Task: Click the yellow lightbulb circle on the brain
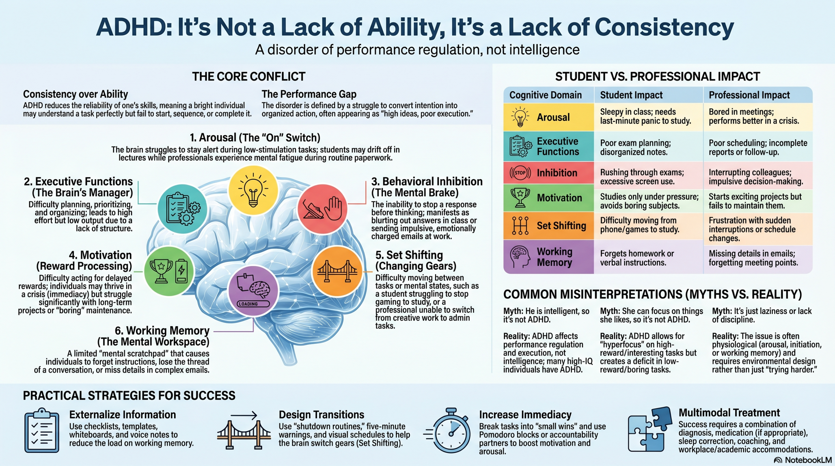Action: (x=253, y=190)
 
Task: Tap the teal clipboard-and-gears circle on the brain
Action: (x=182, y=209)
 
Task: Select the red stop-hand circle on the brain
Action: (x=322, y=209)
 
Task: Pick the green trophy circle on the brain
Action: (x=169, y=271)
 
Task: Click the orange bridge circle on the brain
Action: (x=337, y=271)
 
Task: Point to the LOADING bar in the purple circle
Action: (x=253, y=304)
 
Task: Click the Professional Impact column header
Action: (x=749, y=95)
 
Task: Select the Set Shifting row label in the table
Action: (x=561, y=226)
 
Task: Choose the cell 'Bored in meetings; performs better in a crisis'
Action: (x=754, y=116)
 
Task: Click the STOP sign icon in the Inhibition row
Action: (x=520, y=173)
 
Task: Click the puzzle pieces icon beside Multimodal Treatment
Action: (x=650, y=430)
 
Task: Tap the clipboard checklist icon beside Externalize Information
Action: (x=42, y=430)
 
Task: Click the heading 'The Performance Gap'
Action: (x=309, y=94)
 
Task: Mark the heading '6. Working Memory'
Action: (x=162, y=330)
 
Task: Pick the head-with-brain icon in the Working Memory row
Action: (x=520, y=257)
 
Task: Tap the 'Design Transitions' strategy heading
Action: (x=321, y=414)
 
